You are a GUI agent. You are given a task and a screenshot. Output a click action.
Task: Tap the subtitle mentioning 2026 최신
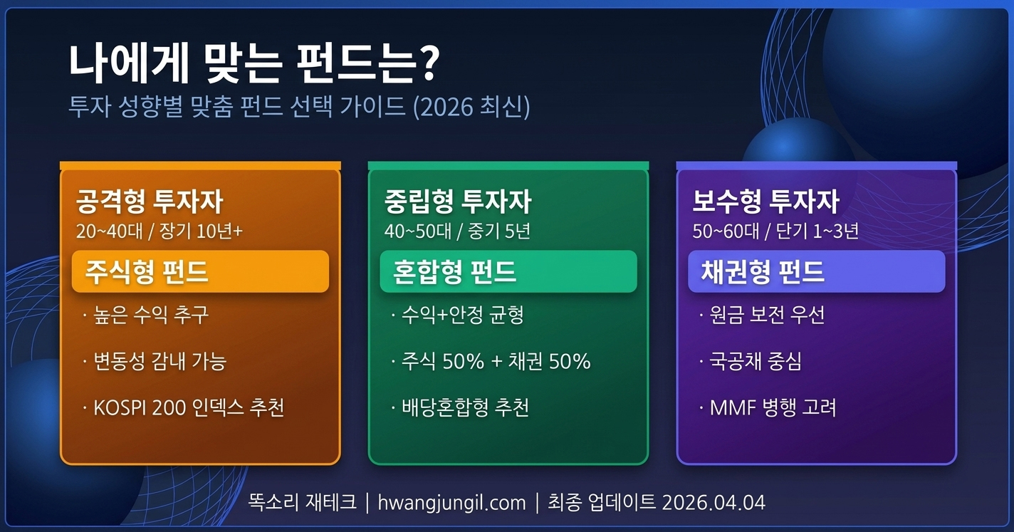coord(299,108)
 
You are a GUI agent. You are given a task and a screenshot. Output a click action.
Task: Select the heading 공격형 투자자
coord(149,202)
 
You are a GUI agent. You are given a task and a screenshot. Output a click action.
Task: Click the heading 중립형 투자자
coord(457,202)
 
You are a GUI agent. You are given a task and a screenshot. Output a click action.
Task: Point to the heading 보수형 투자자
coord(765,202)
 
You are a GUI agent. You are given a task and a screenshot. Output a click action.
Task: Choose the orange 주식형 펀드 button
coord(200,271)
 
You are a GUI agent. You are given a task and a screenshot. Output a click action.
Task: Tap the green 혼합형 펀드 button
coord(508,271)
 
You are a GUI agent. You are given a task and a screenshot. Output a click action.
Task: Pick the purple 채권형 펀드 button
coord(816,271)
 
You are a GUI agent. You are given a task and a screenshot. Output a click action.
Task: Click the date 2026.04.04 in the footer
coord(714,503)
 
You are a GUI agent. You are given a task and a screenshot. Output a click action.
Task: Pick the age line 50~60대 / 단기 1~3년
coord(775,231)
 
